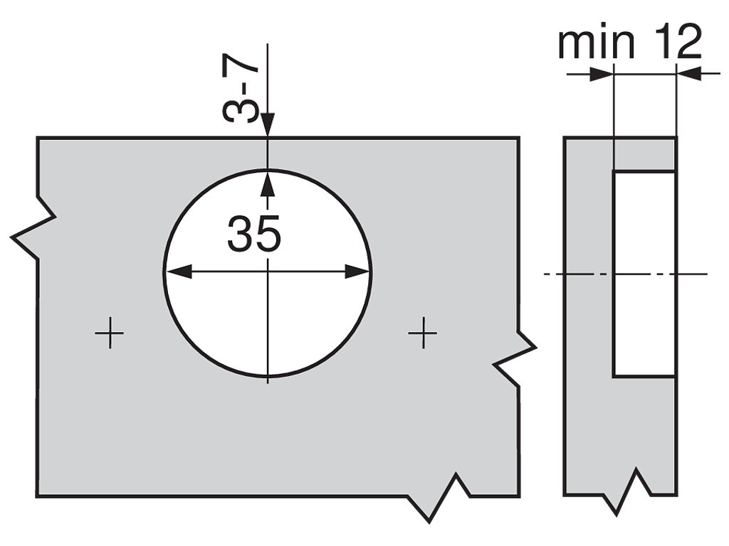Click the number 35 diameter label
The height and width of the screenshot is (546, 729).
(253, 235)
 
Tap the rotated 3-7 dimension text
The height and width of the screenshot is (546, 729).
(242, 91)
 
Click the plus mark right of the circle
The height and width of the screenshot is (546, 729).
(424, 332)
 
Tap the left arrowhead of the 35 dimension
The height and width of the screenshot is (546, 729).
(177, 272)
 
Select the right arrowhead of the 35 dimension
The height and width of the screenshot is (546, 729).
(358, 272)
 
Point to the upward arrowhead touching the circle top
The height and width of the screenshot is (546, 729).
(268, 181)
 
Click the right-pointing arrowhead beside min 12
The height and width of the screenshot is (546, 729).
(602, 74)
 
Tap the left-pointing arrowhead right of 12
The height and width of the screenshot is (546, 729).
(688, 73)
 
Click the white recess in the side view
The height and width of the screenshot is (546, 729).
(644, 274)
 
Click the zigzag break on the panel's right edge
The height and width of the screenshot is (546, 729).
(516, 359)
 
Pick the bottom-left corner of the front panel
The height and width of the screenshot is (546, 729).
(38, 496)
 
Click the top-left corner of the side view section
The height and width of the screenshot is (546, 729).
(565, 138)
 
